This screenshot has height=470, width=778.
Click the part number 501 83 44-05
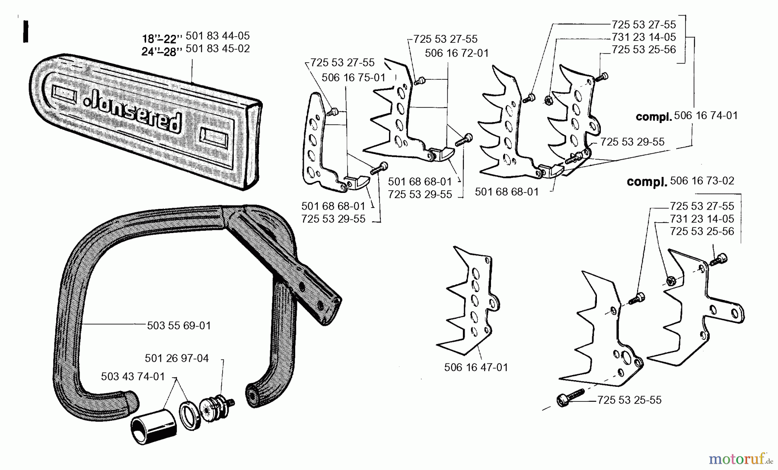click(217, 35)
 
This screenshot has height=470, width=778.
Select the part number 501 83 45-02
click(217, 48)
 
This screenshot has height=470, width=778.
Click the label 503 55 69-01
click(179, 325)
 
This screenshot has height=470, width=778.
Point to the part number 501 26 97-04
click(176, 358)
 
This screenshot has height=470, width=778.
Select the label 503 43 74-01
click(133, 376)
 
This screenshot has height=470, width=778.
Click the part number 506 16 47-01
click(476, 367)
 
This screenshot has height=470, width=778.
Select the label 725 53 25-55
click(629, 400)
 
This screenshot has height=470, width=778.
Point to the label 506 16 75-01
click(353, 77)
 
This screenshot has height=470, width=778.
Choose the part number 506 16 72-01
click(456, 53)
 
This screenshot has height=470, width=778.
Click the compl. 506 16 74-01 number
click(705, 116)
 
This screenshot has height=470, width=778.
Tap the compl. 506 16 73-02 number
click(702, 181)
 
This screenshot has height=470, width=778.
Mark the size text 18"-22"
click(159, 38)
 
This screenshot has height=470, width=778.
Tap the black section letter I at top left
click(26, 32)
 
